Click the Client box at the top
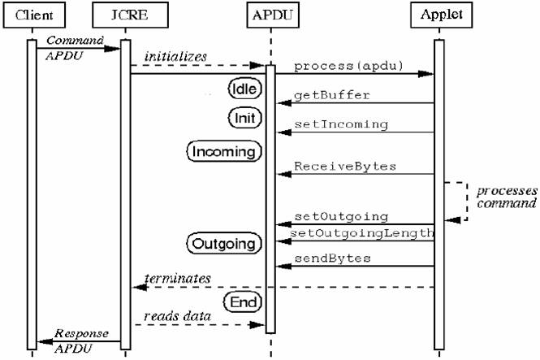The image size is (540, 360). click(x=32, y=14)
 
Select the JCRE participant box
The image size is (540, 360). click(x=126, y=14)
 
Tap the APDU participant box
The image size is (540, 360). click(x=270, y=14)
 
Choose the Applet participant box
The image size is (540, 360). click(x=439, y=14)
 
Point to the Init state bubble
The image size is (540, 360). click(x=243, y=119)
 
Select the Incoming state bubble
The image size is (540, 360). click(x=223, y=151)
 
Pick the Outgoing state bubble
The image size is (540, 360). click(x=223, y=243)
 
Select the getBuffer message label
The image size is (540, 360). click(x=332, y=95)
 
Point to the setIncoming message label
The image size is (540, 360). click(x=340, y=125)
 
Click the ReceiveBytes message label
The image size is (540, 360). click(x=345, y=166)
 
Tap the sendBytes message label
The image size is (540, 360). click(x=333, y=258)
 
